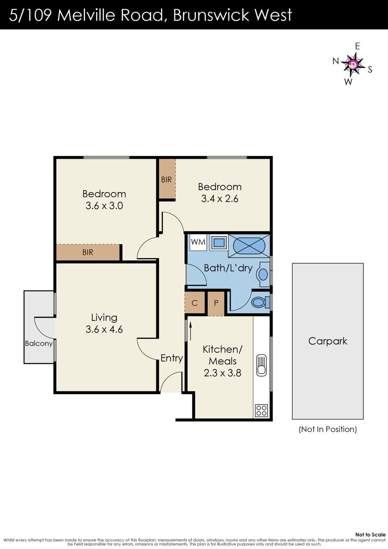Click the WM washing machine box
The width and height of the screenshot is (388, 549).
pos(198,242)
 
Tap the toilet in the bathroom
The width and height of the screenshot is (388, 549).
pos(260,302)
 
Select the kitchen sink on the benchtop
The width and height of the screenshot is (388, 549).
pos(261,365)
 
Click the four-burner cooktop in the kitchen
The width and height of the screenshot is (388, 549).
pos(261,410)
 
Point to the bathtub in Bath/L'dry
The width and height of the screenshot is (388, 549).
pos(249,246)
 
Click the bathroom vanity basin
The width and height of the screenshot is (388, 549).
pos(263,274)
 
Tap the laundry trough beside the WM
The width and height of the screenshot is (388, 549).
pos(219,243)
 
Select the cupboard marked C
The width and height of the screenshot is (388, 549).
pos(195,303)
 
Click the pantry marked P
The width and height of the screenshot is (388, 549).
pos(216,304)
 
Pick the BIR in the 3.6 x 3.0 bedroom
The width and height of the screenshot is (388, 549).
pos(88,252)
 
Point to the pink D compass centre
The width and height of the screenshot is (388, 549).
pos(353,64)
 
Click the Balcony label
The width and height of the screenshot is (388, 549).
pos(39,344)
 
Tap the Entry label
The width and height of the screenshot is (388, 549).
pos(172,358)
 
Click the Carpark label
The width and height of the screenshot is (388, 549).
pos(328,341)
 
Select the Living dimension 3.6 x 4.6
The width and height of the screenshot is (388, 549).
pos(104,329)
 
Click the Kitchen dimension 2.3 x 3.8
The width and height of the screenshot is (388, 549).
pos(222,373)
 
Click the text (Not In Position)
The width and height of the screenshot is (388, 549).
pos(328,430)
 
